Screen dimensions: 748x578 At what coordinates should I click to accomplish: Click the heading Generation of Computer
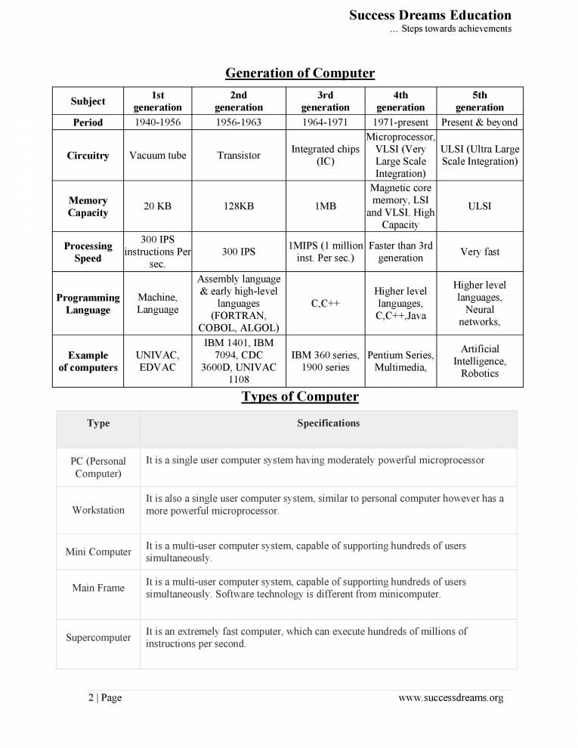coord(300,73)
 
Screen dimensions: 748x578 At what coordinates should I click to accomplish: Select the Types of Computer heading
coord(300,397)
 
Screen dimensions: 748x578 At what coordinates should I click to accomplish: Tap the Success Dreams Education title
coord(430,15)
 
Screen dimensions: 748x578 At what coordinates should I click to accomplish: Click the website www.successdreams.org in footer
coord(450,697)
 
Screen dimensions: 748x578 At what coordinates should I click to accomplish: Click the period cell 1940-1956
coord(158,122)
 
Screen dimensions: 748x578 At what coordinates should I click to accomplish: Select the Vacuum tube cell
coord(158,156)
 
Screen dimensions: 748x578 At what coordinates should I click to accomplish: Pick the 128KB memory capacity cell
coord(239,206)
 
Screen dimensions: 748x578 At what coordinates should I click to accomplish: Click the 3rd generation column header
coord(325,101)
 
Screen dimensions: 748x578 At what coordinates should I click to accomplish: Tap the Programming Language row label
coord(88,304)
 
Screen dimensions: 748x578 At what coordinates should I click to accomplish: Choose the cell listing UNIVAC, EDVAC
coord(158,361)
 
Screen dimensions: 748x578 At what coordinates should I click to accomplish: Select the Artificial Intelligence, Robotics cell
coord(480,361)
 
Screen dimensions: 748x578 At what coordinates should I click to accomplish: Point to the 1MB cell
coord(325,206)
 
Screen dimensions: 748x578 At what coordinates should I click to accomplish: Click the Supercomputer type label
coord(98,638)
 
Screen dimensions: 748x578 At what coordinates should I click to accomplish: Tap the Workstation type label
coord(98,510)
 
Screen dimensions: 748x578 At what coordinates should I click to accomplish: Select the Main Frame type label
coord(98,588)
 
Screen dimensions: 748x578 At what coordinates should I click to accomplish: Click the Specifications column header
coord(328,423)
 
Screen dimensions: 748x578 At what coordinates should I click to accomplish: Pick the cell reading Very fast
coord(480,252)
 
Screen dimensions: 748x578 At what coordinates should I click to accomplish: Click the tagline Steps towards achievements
coord(450,29)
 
